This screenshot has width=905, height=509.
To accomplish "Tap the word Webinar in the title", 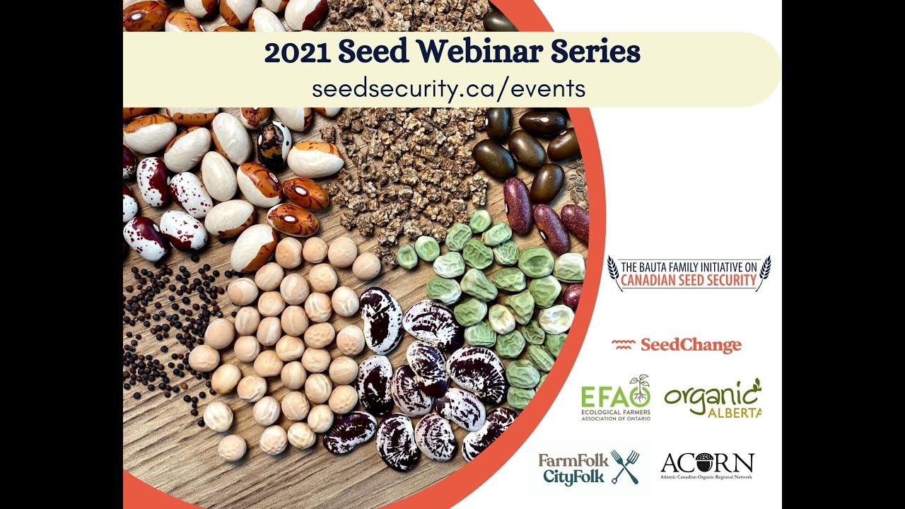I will pos(477,53).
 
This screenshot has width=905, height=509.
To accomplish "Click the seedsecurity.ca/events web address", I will pos(448,88).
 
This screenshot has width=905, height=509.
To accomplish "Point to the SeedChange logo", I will pos(677,345).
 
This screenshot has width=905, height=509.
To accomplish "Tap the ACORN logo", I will pos(707,466).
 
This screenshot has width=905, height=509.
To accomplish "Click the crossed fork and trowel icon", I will pos(624,467).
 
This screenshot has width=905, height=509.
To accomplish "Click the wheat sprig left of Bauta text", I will pos(612,272).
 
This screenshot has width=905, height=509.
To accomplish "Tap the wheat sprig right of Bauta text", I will pos(764,272).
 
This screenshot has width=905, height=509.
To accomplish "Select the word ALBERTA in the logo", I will pos(734,411).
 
